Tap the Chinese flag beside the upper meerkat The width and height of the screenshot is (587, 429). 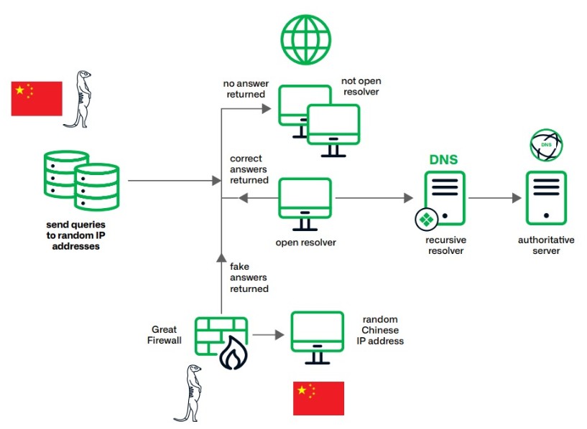click(x=37, y=99)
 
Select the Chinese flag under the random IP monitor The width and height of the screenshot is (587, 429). click(x=318, y=398)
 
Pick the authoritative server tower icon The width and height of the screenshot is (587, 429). click(x=545, y=197)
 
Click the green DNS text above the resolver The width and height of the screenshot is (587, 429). click(x=443, y=159)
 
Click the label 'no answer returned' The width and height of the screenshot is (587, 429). click(x=244, y=89)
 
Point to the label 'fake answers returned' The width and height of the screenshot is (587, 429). click(x=249, y=278)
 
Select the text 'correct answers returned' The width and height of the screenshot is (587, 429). click(x=249, y=169)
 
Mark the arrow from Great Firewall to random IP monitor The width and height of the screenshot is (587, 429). click(x=267, y=335)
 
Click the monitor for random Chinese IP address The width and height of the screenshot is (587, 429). click(x=317, y=334)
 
